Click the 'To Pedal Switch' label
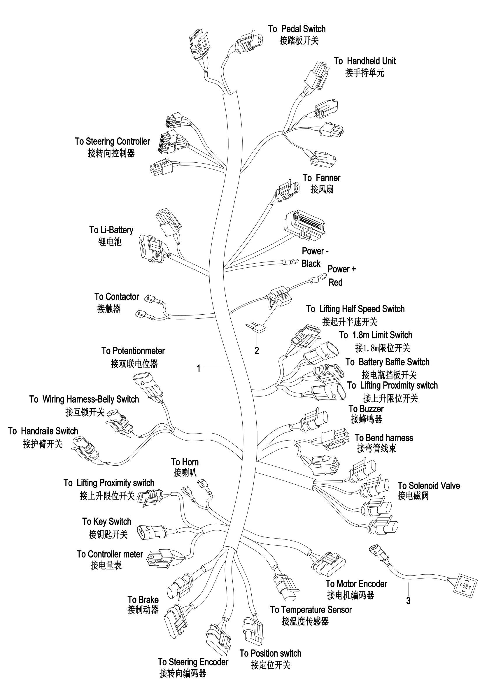tap(297, 29)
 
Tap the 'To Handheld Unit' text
tap(365, 61)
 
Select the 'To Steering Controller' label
tap(112, 141)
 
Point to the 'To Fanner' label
tap(321, 178)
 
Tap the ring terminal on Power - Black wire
tap(288, 262)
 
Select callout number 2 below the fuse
tap(257, 351)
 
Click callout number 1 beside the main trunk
tap(199, 369)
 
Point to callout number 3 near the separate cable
tap(408, 601)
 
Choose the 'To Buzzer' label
tap(366, 409)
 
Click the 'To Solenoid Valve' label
tap(429, 486)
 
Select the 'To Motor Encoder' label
tap(356, 576)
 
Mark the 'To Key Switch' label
tap(107, 522)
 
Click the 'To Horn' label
tap(185, 462)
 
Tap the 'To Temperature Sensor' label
tap(311, 610)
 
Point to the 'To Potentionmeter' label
tap(133, 351)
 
